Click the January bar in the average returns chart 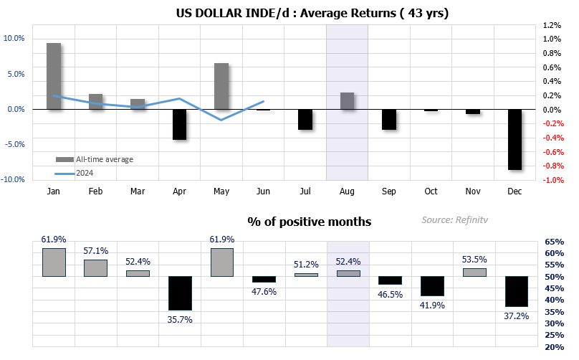tap(54, 76)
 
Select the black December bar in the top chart tap(515, 140)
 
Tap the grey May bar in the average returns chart tap(221, 86)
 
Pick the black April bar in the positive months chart tap(180, 293)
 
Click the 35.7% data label tap(180, 320)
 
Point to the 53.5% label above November tap(474, 260)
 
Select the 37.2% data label tap(517, 316)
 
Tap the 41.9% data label tap(432, 305)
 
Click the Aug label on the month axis tap(347, 191)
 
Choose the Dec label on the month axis tap(515, 191)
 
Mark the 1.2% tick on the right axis tap(552, 25)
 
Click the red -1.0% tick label tap(552, 180)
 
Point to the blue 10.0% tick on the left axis tap(14, 39)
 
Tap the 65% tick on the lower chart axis tap(555, 242)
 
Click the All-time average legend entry tap(95, 159)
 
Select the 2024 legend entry tap(75, 173)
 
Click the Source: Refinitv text tap(454, 220)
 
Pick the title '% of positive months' tap(310, 222)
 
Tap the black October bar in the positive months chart tap(432, 286)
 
